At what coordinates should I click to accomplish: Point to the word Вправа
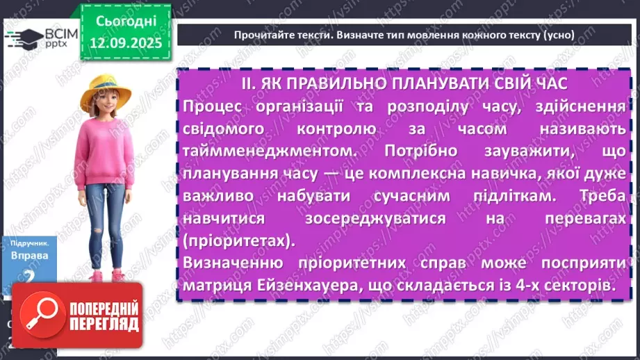pyautogui.click(x=30, y=256)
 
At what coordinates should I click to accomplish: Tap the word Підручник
pyautogui.click(x=30, y=244)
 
